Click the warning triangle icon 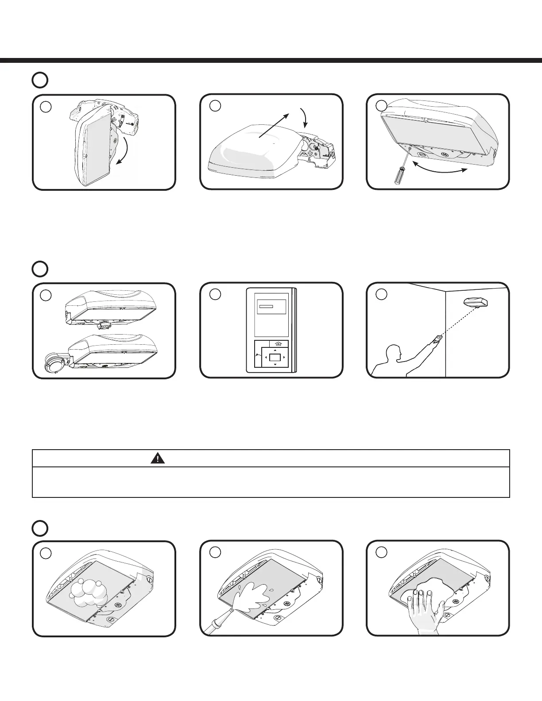157,458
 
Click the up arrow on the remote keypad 275,350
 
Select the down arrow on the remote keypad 275,364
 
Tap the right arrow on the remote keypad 284,357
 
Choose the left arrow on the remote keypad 266,357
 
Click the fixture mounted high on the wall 476,303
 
